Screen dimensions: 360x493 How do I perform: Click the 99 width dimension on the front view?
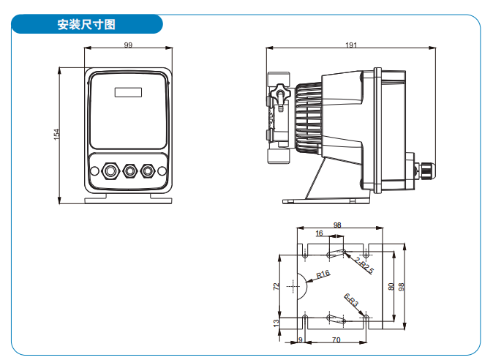point(129,45)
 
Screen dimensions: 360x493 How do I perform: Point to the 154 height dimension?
point(56,135)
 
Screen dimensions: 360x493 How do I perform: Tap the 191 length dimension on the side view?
point(351,45)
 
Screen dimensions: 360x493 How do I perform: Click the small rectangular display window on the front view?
point(128,93)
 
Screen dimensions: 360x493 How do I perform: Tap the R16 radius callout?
point(323,275)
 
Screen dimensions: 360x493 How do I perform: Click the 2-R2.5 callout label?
point(364,264)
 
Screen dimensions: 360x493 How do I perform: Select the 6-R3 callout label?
point(352,301)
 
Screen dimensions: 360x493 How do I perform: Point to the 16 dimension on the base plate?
point(319,233)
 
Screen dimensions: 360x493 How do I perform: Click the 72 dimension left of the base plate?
point(276,286)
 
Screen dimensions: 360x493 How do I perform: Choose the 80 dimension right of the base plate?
point(391,286)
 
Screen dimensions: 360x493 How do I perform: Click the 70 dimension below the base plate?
point(336,340)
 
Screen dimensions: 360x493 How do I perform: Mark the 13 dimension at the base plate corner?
point(276,323)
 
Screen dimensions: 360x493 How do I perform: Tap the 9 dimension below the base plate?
point(300,340)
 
